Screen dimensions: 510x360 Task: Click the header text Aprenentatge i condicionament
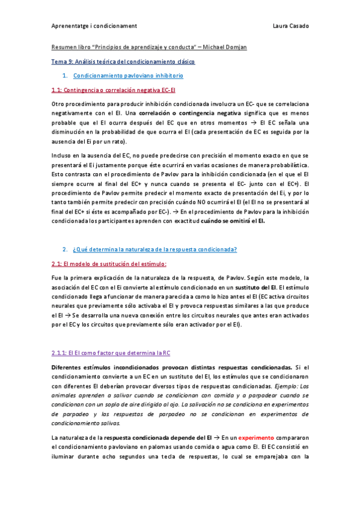tap(94, 26)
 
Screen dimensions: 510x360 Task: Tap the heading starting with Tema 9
tap(123, 61)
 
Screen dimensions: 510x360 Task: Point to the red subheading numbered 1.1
tap(113, 91)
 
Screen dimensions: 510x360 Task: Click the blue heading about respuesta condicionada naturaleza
tap(154, 249)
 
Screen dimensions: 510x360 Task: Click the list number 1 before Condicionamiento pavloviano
tap(64, 76)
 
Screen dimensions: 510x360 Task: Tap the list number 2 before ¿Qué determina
tap(64, 249)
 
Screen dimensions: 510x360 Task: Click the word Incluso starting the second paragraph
tap(63, 156)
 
